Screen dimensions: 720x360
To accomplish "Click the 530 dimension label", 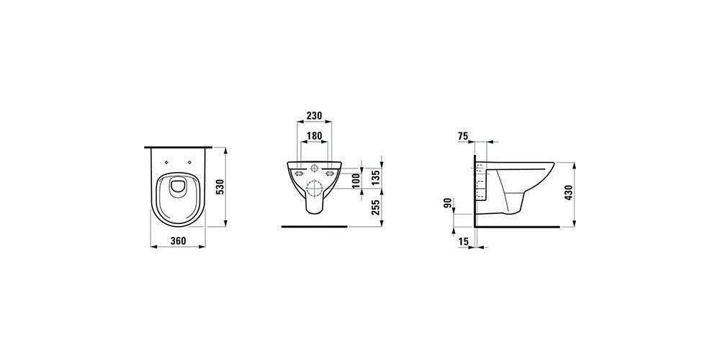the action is point(220,187).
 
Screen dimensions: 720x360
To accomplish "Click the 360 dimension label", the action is point(178,240).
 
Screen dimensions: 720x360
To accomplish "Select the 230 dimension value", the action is point(314,115).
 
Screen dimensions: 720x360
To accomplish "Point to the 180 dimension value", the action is point(314,136).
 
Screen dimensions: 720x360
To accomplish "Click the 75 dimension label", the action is point(463,135).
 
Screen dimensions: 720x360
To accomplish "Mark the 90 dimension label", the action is point(448,203).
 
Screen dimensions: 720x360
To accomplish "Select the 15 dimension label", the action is point(463,240).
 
